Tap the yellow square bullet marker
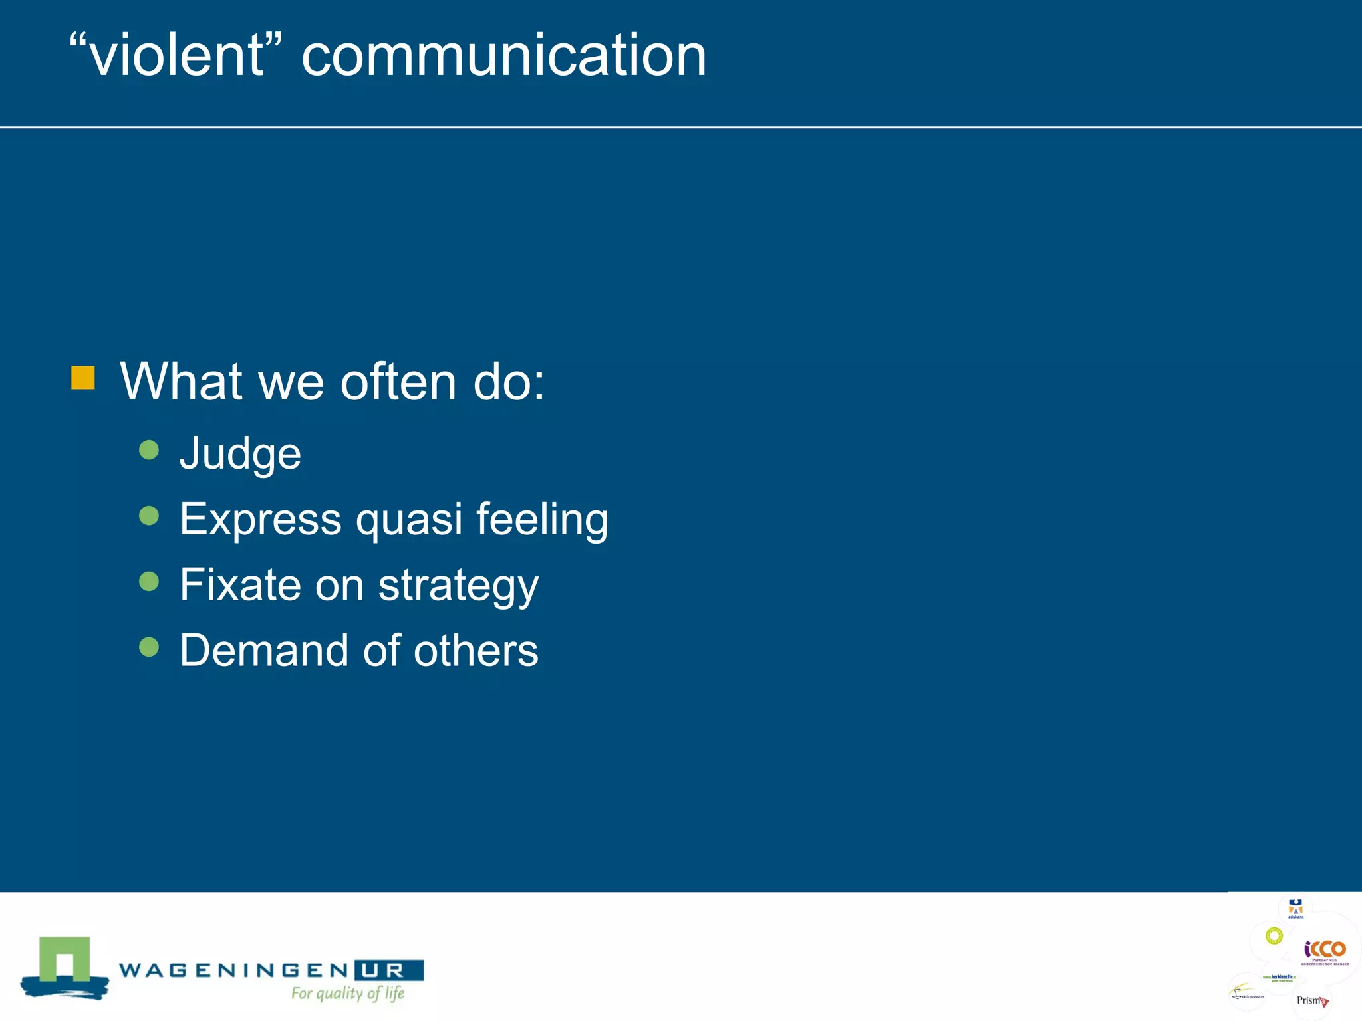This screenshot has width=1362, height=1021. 83,378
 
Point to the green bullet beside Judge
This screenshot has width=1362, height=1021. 149,450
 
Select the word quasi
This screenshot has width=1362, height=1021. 409,519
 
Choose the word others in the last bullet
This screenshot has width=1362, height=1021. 476,650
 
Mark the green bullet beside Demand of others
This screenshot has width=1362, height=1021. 149,647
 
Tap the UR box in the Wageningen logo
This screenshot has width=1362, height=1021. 389,970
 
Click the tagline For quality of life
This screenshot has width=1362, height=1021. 348,993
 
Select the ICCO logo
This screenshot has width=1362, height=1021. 1325,949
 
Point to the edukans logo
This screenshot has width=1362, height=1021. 1295,909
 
